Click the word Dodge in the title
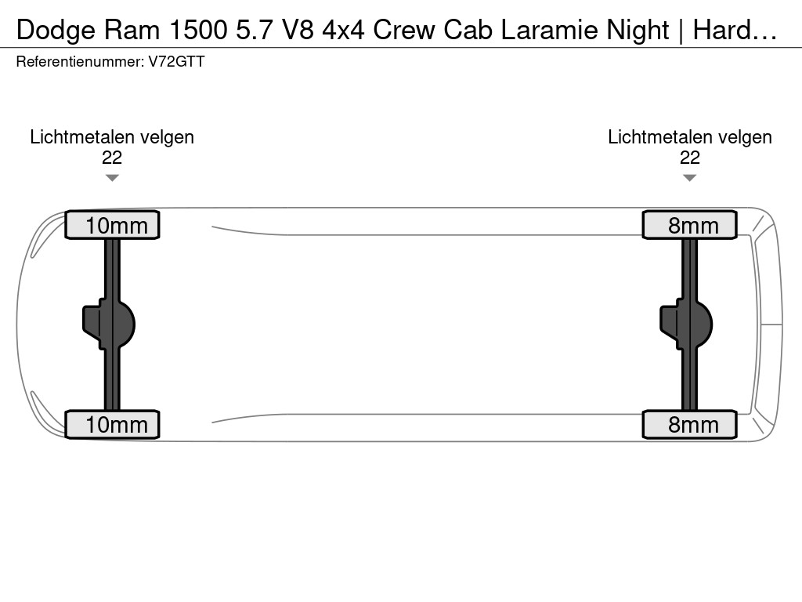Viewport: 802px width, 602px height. tap(56, 31)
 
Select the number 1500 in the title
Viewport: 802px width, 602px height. tap(198, 30)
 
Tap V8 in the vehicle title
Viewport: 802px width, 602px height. tap(298, 30)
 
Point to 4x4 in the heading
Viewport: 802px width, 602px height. tap(343, 30)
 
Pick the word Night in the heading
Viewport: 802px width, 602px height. tap(638, 31)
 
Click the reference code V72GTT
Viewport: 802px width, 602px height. tap(176, 62)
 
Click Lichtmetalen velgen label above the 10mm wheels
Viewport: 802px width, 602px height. tap(112, 137)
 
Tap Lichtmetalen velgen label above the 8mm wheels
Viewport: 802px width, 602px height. tap(690, 137)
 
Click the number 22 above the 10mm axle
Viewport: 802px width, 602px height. tap(112, 158)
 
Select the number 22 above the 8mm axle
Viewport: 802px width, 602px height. tap(690, 158)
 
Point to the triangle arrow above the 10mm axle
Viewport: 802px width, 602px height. tap(112, 178)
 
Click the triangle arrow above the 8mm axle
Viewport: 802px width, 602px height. tap(690, 178)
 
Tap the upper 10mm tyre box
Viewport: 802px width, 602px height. tap(112, 225)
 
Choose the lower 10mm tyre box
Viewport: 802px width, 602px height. tap(112, 424)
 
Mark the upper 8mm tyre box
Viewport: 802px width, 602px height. tap(690, 225)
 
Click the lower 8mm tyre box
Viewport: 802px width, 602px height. tap(690, 424)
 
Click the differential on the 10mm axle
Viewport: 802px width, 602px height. tap(109, 325)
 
